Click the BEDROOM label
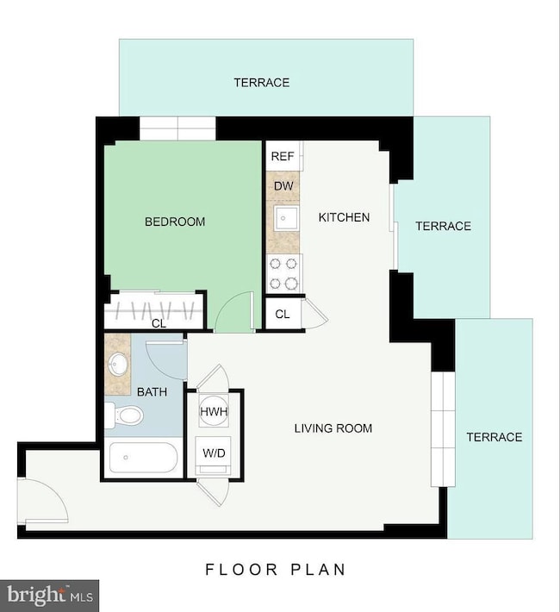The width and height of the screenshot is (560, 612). (x=175, y=222)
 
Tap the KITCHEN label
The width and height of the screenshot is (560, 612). (x=344, y=217)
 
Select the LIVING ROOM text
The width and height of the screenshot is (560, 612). (x=333, y=428)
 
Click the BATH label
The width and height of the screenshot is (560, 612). (x=152, y=392)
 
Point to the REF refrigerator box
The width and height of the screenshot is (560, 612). (x=283, y=156)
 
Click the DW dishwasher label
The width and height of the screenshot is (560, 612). (x=283, y=185)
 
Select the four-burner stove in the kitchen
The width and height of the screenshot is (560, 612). (x=283, y=273)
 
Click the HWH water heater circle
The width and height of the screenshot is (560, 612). (x=213, y=412)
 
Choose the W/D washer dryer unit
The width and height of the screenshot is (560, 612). (x=213, y=453)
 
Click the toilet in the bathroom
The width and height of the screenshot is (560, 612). (x=125, y=417)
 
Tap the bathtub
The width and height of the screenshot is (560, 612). (x=142, y=458)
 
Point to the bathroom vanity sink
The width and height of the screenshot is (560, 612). (x=118, y=364)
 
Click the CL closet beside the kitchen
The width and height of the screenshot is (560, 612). (x=283, y=314)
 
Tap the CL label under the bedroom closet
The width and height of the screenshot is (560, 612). (x=159, y=324)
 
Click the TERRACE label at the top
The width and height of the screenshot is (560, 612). (x=261, y=83)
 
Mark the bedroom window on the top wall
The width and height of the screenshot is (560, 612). (x=177, y=128)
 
